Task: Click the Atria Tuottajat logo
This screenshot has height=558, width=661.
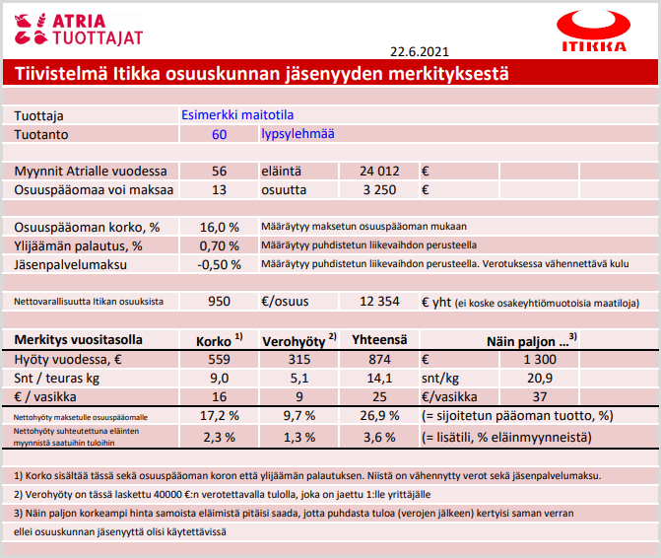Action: pos(78,29)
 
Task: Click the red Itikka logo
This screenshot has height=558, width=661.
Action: pos(592,32)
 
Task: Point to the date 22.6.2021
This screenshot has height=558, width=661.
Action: pos(420,51)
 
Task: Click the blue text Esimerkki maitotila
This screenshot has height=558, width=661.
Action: pos(237,114)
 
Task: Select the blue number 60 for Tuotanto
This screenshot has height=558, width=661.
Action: pos(219,134)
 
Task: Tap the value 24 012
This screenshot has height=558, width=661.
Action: pos(377,171)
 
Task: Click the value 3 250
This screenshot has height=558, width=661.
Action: pos(378,189)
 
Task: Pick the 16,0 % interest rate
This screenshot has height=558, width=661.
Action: pos(219,227)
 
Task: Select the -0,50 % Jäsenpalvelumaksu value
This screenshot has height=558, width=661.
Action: pos(219,264)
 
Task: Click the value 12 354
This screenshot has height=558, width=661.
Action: pos(378,302)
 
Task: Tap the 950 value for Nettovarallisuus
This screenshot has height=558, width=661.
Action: pos(219,302)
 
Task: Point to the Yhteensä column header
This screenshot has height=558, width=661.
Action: pos(378,340)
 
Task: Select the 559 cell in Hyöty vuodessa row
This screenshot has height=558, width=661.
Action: pos(219,359)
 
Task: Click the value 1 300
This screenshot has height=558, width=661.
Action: pos(541,359)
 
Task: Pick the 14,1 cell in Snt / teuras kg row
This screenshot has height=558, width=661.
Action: pos(378,378)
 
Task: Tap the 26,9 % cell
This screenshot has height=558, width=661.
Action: pos(378,415)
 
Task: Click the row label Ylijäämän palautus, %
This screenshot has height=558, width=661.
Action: pos(79,245)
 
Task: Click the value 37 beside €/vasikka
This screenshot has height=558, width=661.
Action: pos(541,396)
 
